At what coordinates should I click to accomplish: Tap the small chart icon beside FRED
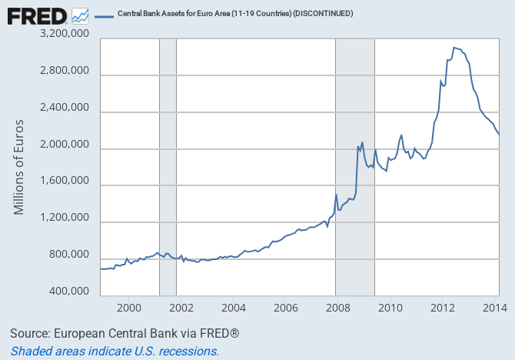click(x=80, y=15)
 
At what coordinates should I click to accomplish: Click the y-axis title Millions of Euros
click(x=19, y=165)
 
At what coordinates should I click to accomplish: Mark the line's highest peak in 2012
click(x=454, y=47)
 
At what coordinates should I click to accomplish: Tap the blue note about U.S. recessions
click(x=115, y=351)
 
